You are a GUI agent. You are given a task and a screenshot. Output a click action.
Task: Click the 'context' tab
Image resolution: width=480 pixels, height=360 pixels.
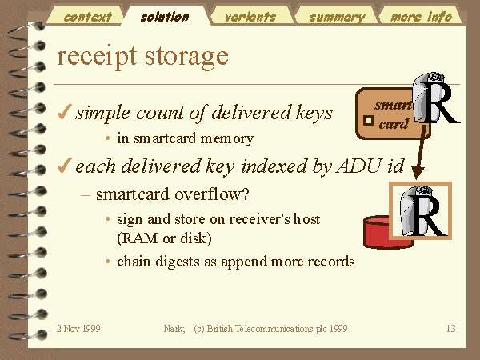87,17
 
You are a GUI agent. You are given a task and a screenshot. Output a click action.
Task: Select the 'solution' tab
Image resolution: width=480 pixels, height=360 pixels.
165,17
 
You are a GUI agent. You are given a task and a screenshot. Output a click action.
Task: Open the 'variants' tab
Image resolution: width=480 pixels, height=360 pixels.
250,17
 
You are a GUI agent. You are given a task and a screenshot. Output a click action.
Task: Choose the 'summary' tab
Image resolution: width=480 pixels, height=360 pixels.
337,17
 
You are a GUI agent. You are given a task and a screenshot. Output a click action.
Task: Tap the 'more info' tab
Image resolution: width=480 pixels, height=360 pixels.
422,17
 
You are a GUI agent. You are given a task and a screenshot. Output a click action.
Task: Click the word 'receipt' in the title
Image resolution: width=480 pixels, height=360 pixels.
97,58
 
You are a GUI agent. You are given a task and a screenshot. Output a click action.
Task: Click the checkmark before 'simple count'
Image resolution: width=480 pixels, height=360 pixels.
65,112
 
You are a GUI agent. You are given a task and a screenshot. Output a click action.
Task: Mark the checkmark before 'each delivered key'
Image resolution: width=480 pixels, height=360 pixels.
65,166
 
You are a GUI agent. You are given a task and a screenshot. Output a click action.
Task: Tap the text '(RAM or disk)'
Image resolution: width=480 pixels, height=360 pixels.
164,238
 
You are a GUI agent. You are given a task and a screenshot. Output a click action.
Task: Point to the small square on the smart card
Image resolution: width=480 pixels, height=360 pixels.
368,121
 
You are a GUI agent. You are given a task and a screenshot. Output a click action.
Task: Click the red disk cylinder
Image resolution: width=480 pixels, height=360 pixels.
379,232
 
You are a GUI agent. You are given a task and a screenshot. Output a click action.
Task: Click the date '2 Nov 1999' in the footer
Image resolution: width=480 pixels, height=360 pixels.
78,329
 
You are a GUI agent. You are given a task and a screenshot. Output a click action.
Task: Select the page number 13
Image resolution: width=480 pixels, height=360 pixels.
451,329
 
